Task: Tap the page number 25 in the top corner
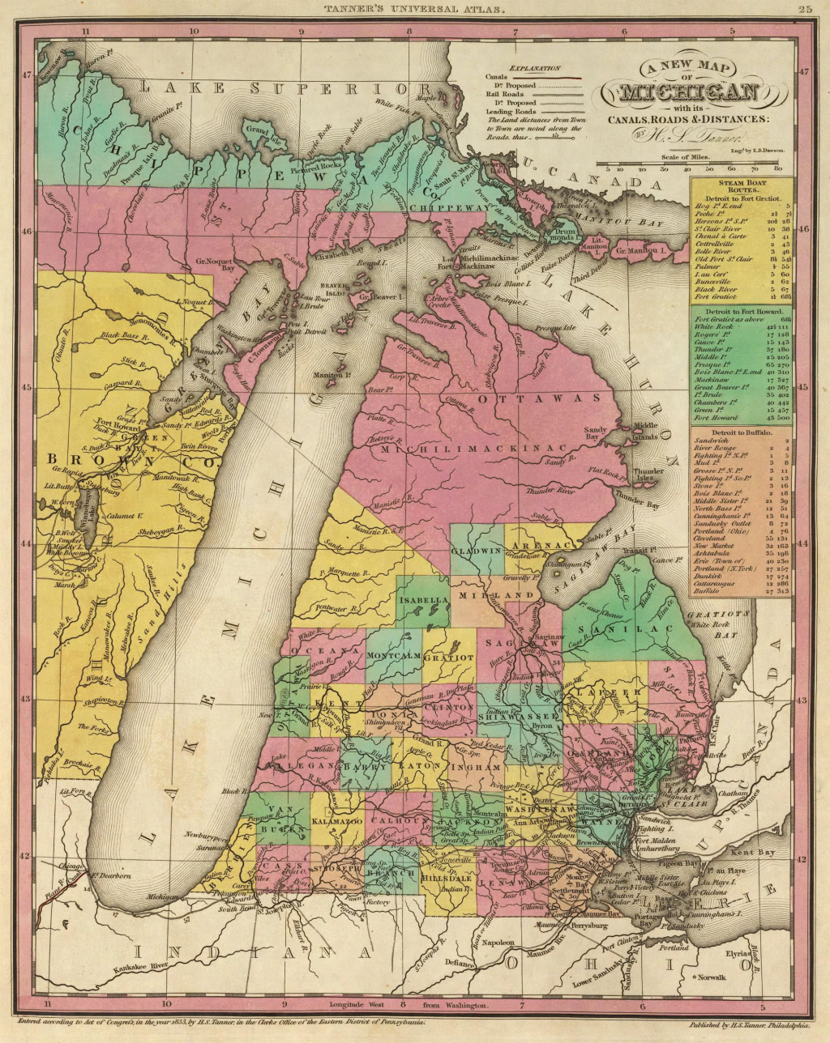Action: [x=805, y=10]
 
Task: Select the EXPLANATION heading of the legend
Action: [x=533, y=70]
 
